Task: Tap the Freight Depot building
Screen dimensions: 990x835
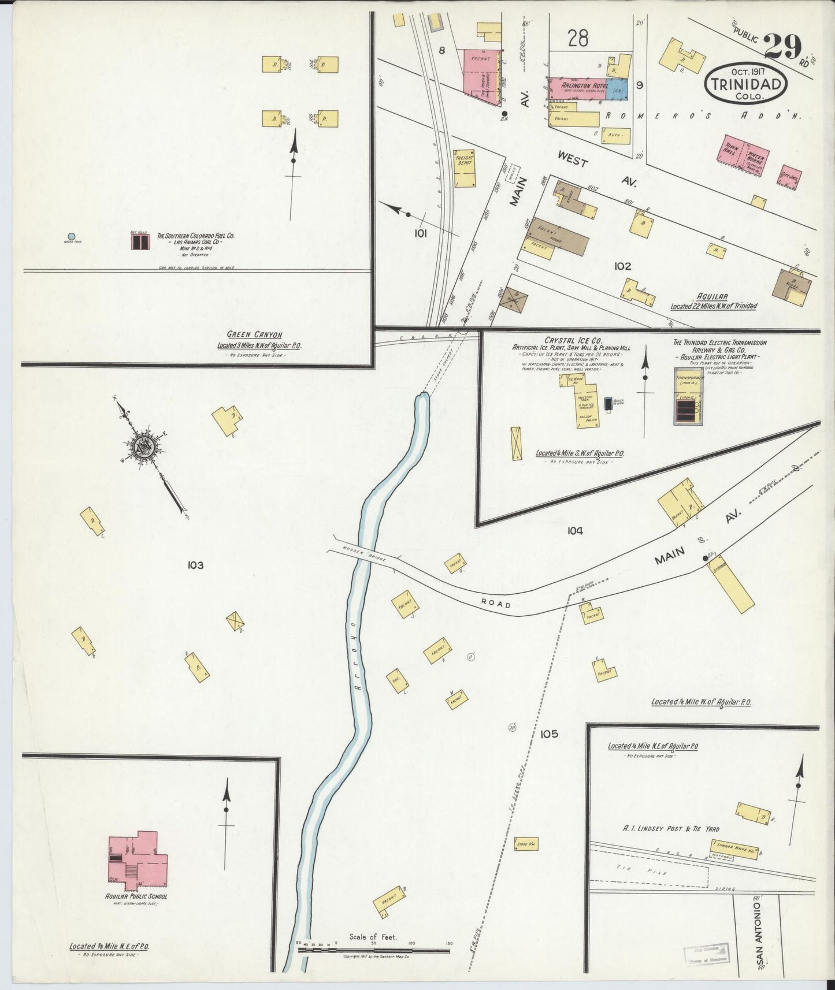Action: [465, 167]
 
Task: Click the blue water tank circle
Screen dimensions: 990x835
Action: [71, 236]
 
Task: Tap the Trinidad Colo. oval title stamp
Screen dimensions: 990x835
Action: [745, 84]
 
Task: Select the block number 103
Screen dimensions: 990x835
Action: [195, 565]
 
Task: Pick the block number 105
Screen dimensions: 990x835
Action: [549, 734]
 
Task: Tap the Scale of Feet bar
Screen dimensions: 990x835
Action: [374, 949]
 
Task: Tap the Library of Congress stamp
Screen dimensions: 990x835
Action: [706, 955]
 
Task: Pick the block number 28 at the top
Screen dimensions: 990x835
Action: [577, 39]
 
